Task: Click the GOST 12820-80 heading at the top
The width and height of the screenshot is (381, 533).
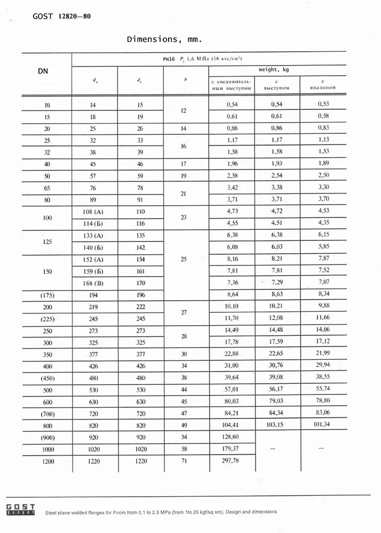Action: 61,16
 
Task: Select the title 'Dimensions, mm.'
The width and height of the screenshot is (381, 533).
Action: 164,39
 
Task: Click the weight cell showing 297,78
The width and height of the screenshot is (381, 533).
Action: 231,461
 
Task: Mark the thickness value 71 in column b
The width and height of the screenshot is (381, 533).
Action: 184,461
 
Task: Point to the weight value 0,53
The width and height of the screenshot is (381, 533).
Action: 323,104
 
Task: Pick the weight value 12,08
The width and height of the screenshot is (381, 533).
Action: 276,318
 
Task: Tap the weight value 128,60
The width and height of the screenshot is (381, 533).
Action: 231,437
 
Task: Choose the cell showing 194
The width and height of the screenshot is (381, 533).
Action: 93,295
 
